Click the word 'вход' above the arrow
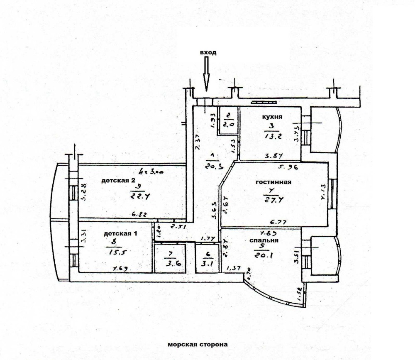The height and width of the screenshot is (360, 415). coord(208,53)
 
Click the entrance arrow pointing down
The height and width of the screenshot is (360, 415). coord(207,74)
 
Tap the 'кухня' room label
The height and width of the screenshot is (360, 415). coord(272,118)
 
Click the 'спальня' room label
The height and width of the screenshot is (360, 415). coord(264,240)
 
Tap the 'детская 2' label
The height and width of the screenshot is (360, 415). coord(119,181)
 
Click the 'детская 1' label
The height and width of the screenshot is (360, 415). coord(120,234)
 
